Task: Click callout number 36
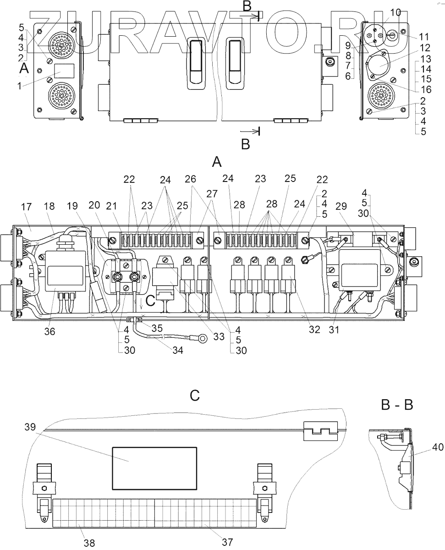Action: [49, 331]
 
